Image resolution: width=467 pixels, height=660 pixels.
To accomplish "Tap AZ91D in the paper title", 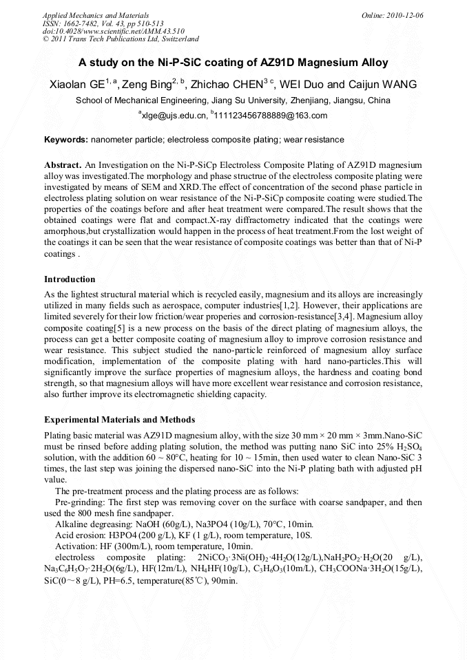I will pos(282,63).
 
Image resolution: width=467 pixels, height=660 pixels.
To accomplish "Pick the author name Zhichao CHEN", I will pos(231,85).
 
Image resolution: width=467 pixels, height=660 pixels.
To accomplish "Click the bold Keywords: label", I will pos(66,140).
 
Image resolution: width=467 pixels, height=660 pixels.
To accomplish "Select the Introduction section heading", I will pos(70,279).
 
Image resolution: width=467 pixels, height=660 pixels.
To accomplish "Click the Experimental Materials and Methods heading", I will pos(119,420).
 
